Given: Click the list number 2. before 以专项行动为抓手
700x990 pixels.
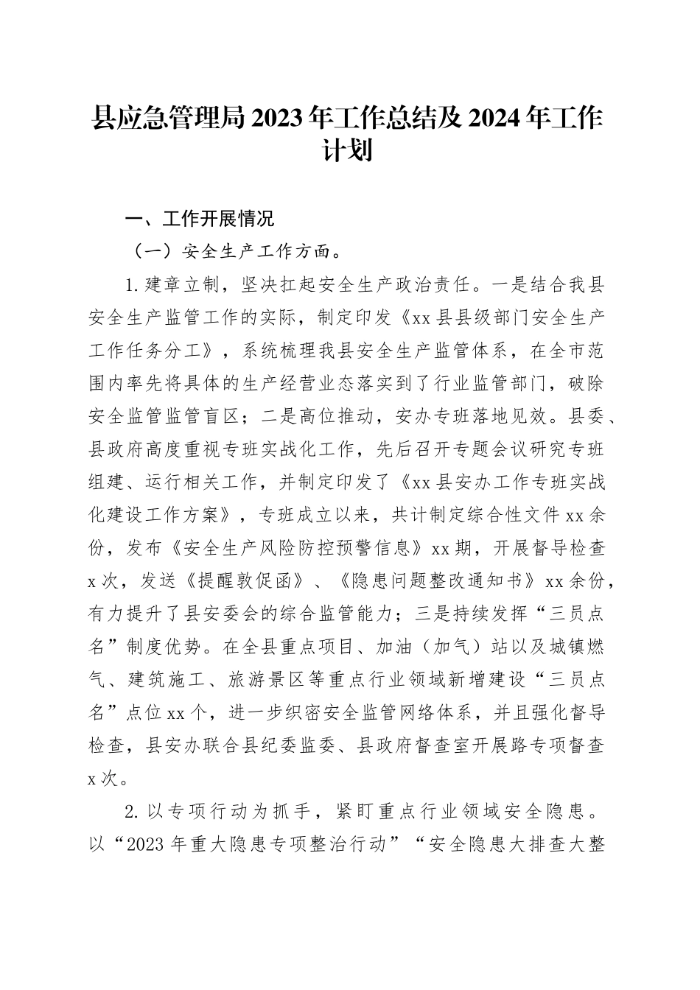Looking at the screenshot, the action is [133, 812].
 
